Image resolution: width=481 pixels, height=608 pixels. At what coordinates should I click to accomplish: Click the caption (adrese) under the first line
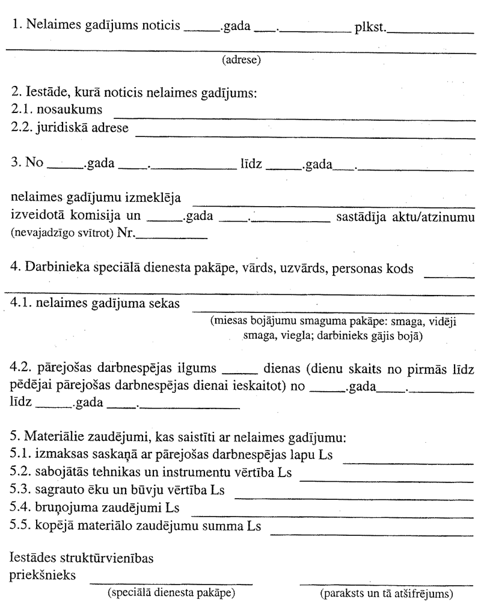pyautogui.click(x=241, y=60)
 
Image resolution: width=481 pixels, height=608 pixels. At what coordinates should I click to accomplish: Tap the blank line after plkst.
pyautogui.click(x=429, y=33)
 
